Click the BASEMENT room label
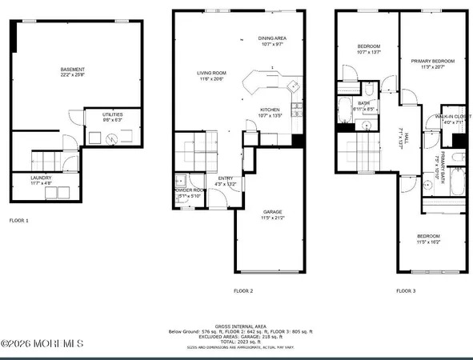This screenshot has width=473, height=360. [73, 70]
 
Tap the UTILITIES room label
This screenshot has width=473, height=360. [112, 115]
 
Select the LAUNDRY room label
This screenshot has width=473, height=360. [42, 178]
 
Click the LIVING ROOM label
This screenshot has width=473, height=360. [214, 73]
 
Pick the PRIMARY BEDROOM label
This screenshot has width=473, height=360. [432, 61]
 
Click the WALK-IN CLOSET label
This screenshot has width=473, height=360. [452, 117]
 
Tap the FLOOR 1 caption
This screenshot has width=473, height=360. [19, 218]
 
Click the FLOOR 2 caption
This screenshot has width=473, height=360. [243, 290]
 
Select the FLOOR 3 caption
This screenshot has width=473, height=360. [407, 290]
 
